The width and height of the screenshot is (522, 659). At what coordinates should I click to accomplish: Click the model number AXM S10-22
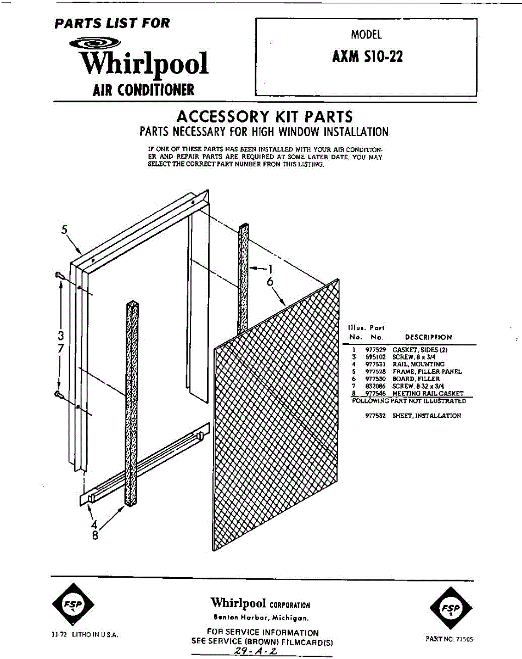367,57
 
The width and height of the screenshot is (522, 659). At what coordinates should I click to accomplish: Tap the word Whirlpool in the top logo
144,64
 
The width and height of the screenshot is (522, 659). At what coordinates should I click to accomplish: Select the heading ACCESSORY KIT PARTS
264,116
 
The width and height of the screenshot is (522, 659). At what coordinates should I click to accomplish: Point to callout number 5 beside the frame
64,230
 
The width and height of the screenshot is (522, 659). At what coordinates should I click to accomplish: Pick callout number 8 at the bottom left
94,537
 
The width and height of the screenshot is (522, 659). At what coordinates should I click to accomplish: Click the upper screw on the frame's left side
59,275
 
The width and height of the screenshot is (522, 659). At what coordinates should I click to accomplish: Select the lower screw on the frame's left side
59,394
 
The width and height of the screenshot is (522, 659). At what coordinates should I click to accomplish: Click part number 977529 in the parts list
373,349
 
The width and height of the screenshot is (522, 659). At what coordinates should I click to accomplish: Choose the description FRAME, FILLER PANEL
427,372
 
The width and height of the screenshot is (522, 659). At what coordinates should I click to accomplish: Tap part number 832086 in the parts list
373,386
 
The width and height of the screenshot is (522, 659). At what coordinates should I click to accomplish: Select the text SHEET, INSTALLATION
426,416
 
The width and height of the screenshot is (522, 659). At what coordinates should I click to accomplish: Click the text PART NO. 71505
449,639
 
